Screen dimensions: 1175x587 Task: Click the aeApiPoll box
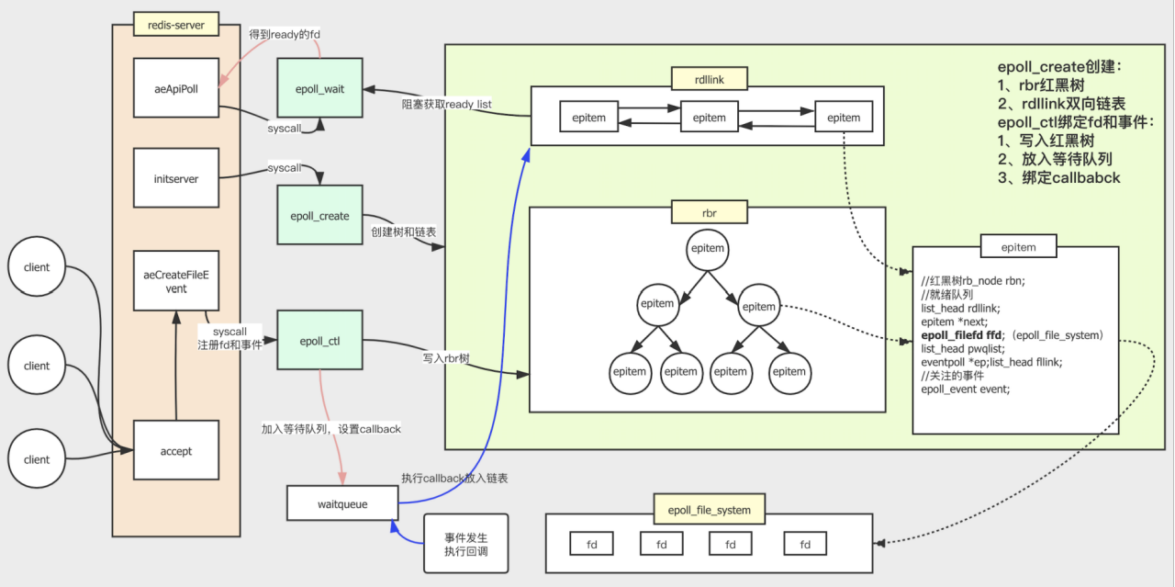[176, 87]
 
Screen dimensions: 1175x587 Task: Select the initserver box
[176, 178]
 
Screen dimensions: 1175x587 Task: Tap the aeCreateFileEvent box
[176, 281]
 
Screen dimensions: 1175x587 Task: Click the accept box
[176, 450]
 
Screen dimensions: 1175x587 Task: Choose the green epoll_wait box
[320, 87]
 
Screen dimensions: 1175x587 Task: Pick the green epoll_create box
[320, 215]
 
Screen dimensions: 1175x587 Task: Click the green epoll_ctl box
[320, 340]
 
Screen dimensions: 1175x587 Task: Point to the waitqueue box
[342, 503]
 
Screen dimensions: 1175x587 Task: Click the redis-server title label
[176, 24]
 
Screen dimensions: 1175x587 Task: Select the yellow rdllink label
[710, 79]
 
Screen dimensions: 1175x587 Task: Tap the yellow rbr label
[710, 212]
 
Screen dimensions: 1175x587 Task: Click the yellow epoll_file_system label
[710, 509]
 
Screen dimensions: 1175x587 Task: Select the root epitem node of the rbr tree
[708, 249]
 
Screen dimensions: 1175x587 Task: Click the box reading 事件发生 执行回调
[465, 544]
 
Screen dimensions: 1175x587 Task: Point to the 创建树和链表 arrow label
[403, 232]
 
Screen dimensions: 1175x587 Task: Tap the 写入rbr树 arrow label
[446, 358]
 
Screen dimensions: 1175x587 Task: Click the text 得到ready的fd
[285, 34]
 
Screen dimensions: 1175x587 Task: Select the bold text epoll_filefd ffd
[961, 335]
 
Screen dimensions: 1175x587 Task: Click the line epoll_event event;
[965, 389]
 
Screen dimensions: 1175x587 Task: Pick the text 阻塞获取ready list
[446, 104]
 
